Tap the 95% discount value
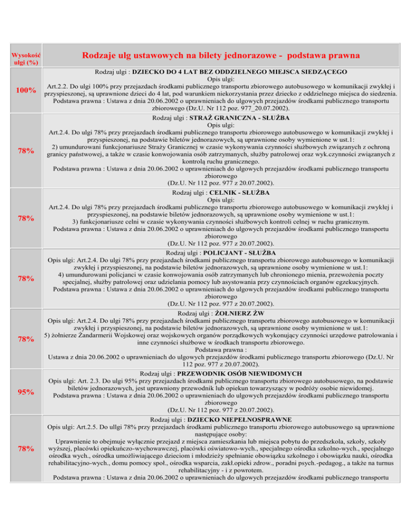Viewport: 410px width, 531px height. [x=25, y=392]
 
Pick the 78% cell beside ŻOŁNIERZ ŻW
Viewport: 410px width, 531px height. [x=25, y=339]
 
